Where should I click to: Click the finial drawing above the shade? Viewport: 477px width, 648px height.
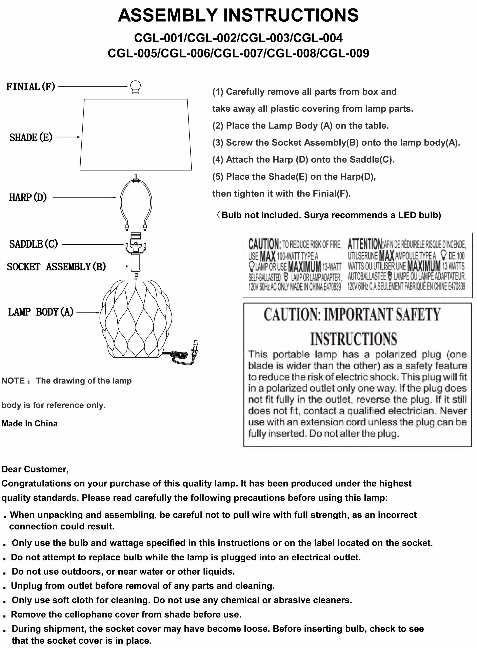click(x=135, y=87)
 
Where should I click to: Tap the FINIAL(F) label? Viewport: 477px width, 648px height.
click(x=31, y=87)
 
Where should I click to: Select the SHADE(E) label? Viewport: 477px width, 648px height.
click(x=31, y=137)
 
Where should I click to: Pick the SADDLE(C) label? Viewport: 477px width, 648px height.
click(x=34, y=244)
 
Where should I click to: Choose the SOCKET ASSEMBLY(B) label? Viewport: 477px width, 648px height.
click(x=56, y=267)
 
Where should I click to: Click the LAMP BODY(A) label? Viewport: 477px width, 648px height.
click(x=41, y=312)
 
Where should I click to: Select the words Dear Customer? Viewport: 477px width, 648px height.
click(x=35, y=469)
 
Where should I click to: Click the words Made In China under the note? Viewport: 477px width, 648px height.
click(x=29, y=424)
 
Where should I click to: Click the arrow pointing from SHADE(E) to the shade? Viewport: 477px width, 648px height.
click(x=68, y=137)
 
